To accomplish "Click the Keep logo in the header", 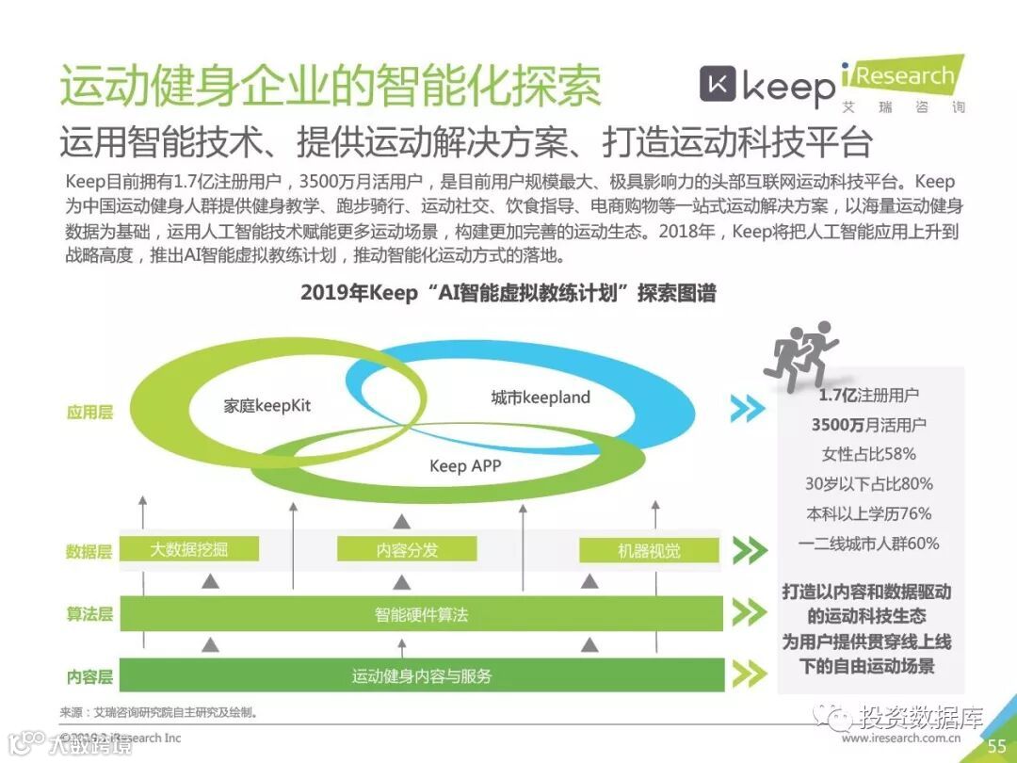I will [x=767, y=87].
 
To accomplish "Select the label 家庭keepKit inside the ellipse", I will [x=266, y=406].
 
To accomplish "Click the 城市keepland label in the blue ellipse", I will [x=541, y=398].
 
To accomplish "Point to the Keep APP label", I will [x=465, y=465].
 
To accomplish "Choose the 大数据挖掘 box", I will [x=189, y=550].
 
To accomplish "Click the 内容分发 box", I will [x=407, y=550].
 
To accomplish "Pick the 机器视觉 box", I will [x=649, y=551].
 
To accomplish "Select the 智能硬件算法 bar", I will [x=421, y=615].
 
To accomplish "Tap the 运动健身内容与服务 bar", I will [x=421, y=675].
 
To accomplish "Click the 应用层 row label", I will [x=89, y=412].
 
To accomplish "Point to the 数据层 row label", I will [x=89, y=552].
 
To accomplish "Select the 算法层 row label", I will [x=89, y=614].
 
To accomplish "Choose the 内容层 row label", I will [x=89, y=676].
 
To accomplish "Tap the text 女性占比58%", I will [x=868, y=454].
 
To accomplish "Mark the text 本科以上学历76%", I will [x=868, y=513].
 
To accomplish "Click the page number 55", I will [x=996, y=746].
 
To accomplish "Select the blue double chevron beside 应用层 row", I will [x=748, y=409].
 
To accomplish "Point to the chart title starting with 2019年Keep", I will [x=508, y=293].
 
